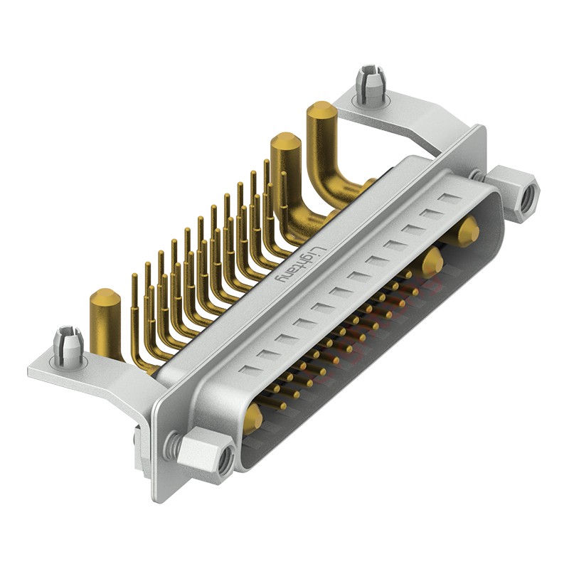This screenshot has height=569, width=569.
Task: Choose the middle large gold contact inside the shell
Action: [430, 262]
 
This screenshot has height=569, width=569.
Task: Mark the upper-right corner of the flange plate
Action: [481, 129]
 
